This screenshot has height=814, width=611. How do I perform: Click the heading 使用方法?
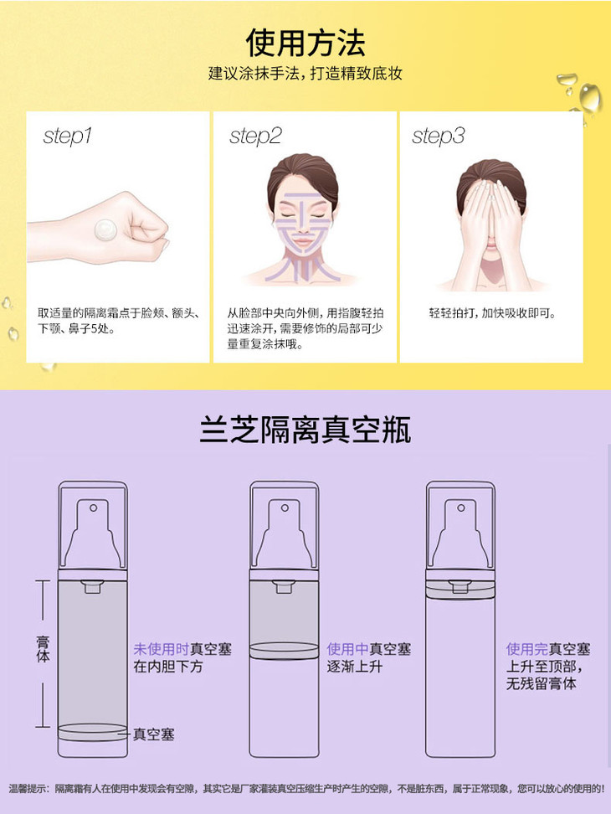[305, 43]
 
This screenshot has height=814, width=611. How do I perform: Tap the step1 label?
[68, 136]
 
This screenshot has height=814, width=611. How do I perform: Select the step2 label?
[255, 136]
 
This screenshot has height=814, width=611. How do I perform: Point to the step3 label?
[439, 136]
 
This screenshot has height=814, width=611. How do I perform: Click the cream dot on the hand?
[105, 229]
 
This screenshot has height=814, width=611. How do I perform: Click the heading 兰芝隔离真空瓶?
[305, 430]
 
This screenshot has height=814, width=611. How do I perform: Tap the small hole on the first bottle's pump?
[94, 507]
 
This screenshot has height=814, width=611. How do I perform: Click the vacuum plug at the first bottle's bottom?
[92, 731]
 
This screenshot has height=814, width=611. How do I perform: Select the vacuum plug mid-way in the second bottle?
[285, 651]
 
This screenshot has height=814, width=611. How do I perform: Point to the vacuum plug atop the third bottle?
[460, 590]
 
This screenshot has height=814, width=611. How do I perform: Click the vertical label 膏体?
[43, 648]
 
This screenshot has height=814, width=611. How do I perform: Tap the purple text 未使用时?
[162, 649]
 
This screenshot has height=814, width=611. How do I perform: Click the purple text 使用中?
[347, 649]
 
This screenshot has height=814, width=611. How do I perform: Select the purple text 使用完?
[527, 649]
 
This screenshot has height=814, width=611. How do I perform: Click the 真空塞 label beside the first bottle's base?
[153, 734]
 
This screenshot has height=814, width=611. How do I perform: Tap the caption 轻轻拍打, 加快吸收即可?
[492, 313]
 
